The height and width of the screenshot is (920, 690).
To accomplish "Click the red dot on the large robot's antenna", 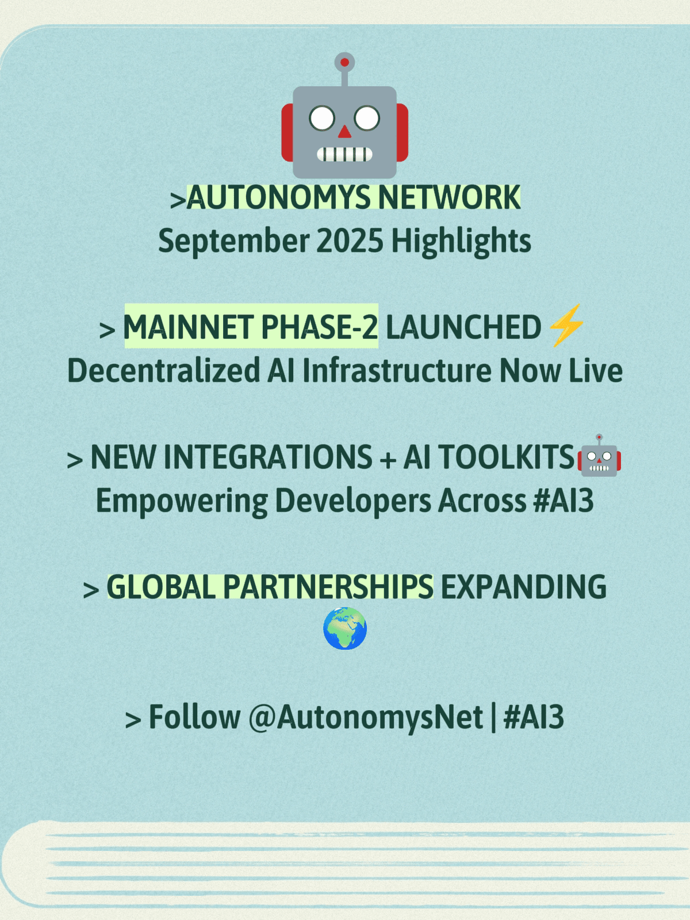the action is (344, 63).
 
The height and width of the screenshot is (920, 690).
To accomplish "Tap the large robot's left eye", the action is (322, 118).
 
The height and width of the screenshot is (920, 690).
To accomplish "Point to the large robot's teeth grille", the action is (344, 154).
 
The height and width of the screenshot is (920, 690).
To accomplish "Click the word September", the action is (234, 242).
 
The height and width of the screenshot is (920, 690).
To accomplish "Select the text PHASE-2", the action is (320, 327).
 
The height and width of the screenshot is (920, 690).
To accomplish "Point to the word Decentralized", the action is (164, 371).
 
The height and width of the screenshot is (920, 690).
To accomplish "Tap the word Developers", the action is (353, 502).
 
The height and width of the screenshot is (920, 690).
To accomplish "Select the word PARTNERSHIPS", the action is (328, 586).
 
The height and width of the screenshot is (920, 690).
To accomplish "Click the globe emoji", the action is (345, 628).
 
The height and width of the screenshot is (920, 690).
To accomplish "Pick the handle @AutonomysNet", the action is (365, 716).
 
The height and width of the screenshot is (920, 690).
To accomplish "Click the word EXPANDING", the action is (524, 586).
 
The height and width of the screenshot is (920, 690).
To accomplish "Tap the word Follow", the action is (194, 716).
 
